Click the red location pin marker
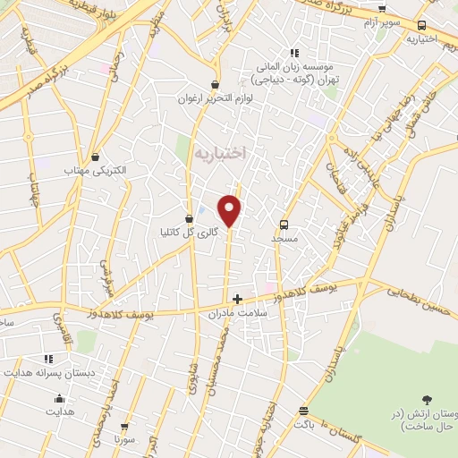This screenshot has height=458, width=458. tap(231, 210)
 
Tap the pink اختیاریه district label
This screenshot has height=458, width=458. tap(218, 154)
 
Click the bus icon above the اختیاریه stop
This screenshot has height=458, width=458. tap(422, 25)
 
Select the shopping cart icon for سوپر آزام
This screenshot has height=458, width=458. tap(382, 9)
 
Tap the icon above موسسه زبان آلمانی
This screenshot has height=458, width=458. tap(293, 52)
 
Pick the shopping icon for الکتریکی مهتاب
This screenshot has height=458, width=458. tap(95, 157)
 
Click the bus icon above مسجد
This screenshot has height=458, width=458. tap(284, 225)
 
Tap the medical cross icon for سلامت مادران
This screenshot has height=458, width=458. tap(237, 300)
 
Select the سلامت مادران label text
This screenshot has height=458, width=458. tap(239, 315)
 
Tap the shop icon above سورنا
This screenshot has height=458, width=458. tap(124, 428)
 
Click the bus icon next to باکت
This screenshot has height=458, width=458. tap(304, 411)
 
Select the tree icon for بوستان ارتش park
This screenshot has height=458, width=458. tap(426, 400)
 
